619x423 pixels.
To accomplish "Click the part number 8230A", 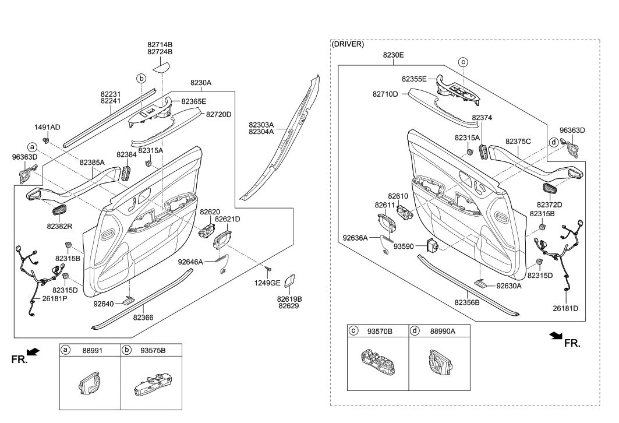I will point(201,83).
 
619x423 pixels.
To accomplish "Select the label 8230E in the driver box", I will point(393,55).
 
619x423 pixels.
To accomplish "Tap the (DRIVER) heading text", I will point(348,44).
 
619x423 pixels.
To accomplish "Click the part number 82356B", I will point(467,302).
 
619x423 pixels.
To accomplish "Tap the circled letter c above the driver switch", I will point(463,61).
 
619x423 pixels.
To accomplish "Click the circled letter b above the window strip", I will point(141,77).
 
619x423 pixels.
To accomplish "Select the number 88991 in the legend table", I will point(89,350).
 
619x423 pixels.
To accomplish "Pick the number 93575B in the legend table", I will point(153,350).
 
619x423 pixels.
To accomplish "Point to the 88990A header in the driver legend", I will point(443,331).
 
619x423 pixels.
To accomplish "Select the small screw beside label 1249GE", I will point(268,269).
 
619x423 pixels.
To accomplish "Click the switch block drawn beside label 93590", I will point(433,245).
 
